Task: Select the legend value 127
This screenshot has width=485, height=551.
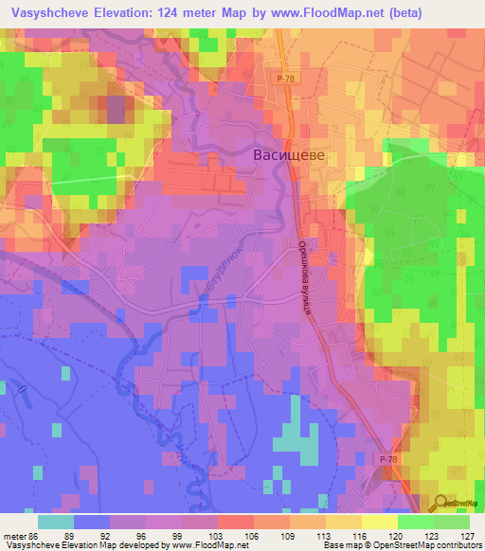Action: pyautogui.click(x=467, y=535)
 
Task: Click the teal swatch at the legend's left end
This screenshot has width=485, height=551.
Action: pyautogui.click(x=55, y=522)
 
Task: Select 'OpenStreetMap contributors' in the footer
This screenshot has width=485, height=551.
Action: pyautogui.click(x=430, y=545)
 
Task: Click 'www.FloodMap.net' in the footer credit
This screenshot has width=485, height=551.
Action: pyautogui.click(x=202, y=545)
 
